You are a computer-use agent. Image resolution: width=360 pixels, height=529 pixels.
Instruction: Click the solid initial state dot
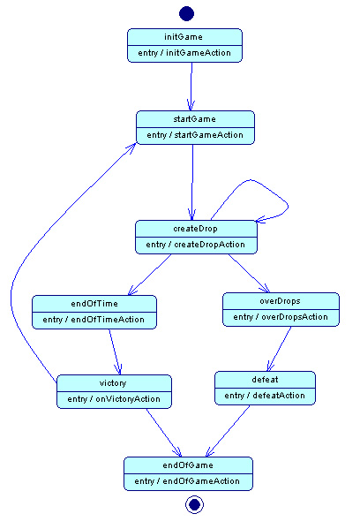click(x=186, y=13)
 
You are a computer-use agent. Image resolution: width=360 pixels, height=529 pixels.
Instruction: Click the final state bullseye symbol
click(x=194, y=504)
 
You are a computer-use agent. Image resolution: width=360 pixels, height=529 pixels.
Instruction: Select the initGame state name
click(x=184, y=37)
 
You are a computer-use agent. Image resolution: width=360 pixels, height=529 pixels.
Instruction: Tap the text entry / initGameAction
click(x=184, y=53)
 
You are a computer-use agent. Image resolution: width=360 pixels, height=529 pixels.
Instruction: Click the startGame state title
click(x=194, y=119)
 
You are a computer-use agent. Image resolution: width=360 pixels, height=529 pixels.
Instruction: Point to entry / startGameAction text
click(x=195, y=135)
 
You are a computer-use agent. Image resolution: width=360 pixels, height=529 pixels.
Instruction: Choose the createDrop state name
click(x=196, y=229)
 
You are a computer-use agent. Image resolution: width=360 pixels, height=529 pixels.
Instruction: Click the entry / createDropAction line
click(x=196, y=245)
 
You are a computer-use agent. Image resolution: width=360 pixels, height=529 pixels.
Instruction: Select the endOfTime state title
click(x=94, y=304)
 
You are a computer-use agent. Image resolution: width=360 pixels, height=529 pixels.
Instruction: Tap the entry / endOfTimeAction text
click(x=94, y=320)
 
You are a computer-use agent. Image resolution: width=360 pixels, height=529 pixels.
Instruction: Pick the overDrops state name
click(x=280, y=301)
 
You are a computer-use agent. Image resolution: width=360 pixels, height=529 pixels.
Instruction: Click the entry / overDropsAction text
click(x=281, y=317)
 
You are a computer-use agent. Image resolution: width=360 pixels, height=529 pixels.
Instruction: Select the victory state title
click(x=113, y=383)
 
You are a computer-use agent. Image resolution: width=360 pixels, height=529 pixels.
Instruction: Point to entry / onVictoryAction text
click(x=114, y=399)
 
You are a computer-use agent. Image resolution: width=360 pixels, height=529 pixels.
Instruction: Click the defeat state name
click(x=265, y=380)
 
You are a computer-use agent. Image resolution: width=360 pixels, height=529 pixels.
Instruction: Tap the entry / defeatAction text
click(x=265, y=396)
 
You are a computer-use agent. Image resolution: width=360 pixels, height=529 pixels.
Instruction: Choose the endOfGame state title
click(x=188, y=465)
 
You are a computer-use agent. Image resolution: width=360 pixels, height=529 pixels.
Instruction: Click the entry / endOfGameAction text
click(x=187, y=481)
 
